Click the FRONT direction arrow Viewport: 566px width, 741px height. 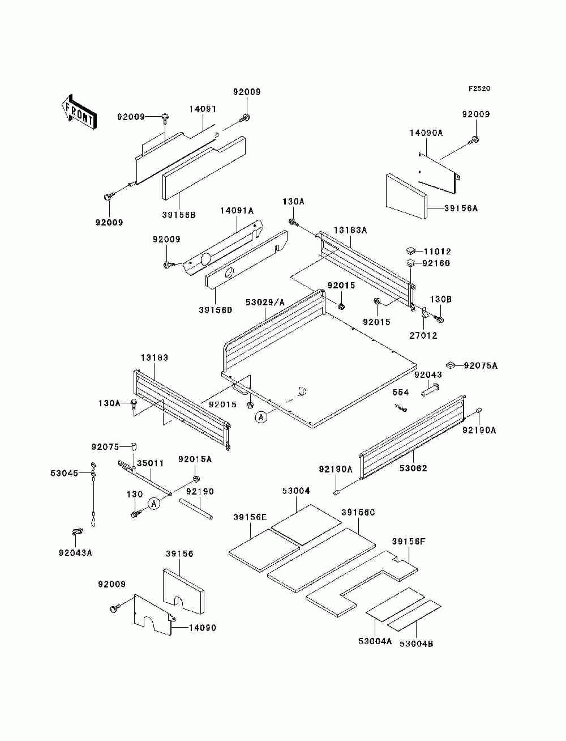pyautogui.click(x=79, y=112)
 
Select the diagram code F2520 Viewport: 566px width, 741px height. pyautogui.click(x=479, y=89)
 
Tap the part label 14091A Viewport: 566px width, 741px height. pyautogui.click(x=237, y=211)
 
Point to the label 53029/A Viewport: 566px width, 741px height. pyautogui.click(x=265, y=302)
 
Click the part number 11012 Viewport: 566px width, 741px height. pyautogui.click(x=437, y=252)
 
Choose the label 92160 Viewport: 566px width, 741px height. pyautogui.click(x=436, y=263)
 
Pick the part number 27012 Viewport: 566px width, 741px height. pyautogui.click(x=423, y=335)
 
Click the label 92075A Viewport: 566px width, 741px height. pyautogui.click(x=481, y=365)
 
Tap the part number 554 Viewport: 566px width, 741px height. pyautogui.click(x=401, y=392)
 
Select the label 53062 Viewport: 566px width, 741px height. pyautogui.click(x=413, y=469)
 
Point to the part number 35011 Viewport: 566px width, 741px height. pyautogui.click(x=150, y=463)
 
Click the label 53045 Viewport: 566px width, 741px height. pyautogui.click(x=65, y=473)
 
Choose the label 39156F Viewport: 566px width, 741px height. pyautogui.click(x=409, y=542)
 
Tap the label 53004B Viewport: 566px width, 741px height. pyautogui.click(x=417, y=644)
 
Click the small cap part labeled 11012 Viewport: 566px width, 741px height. pyautogui.click(x=411, y=251)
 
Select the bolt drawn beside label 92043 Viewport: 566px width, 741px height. pyautogui.click(x=430, y=390)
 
